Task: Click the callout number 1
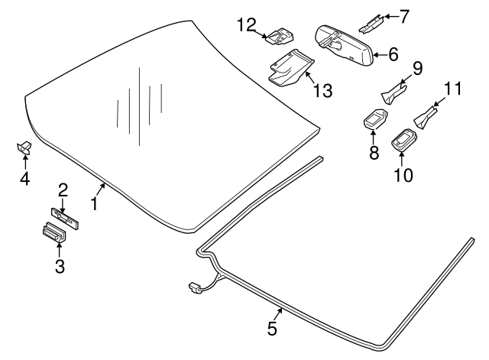point(95,204)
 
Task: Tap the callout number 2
point(63,189)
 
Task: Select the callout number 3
point(60,266)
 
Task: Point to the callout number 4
point(24,179)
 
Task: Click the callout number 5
point(272,329)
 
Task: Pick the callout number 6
point(393,54)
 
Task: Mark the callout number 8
point(374,152)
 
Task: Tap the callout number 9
point(417,69)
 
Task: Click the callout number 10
point(403,174)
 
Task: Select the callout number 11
point(454,89)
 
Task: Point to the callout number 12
point(245,25)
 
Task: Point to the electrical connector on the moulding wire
point(195,288)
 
